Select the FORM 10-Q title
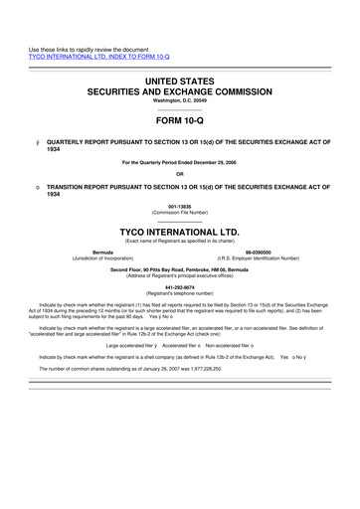[180, 123]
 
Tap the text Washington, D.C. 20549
[180, 101]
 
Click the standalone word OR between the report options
[180, 176]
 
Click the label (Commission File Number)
[180, 217]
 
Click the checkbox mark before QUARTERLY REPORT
[37, 143]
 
